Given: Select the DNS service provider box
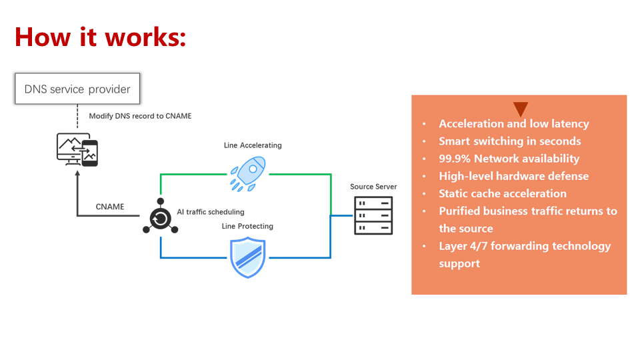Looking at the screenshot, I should point(77,89).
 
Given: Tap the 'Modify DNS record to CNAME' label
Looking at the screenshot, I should point(140,116).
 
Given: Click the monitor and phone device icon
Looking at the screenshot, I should point(77,149).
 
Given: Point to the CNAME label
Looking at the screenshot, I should point(110,207).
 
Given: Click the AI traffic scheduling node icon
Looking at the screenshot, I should point(160,217).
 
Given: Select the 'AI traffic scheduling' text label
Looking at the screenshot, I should point(210,212).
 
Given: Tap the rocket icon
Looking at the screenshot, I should point(248,173).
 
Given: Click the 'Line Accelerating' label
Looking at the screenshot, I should point(253,145).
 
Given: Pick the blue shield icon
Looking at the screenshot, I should point(248,257).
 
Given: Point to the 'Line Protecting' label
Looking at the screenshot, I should point(247,226).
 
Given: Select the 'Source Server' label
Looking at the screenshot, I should point(373,187).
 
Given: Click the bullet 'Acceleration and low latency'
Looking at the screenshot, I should point(513,124).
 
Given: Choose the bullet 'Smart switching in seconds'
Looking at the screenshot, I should point(509,141).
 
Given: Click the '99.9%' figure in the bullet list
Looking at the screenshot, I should point(455,159).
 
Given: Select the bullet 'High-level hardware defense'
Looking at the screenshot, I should point(513,176).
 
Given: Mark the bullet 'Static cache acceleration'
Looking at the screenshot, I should point(502,193).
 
